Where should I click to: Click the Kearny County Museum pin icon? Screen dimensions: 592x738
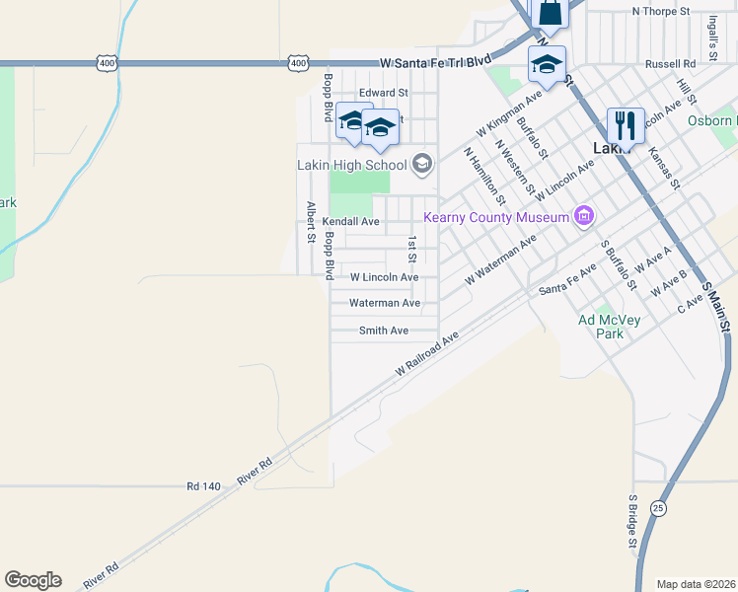click(x=584, y=216)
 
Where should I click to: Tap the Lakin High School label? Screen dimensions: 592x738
click(x=352, y=165)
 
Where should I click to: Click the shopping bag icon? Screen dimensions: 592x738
click(x=550, y=13)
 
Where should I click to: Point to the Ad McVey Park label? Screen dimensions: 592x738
click(x=601, y=327)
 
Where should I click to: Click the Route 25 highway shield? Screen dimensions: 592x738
click(x=658, y=507)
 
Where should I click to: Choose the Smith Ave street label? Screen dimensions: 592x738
click(x=384, y=331)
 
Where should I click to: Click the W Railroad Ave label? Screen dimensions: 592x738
click(x=427, y=353)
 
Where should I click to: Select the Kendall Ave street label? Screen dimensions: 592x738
click(x=350, y=221)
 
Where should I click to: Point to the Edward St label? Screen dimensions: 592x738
click(x=383, y=93)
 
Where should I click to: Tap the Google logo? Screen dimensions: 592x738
click(x=33, y=580)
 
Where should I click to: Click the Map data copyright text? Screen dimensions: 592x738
click(x=696, y=584)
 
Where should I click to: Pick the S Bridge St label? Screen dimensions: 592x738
click(x=632, y=522)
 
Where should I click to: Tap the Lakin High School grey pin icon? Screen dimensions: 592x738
click(x=422, y=164)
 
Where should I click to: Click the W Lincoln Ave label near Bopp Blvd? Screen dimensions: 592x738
click(x=384, y=277)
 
